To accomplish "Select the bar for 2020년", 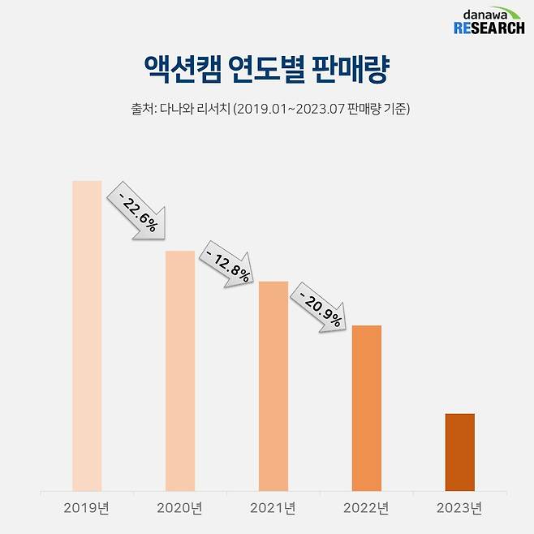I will pos(180,371).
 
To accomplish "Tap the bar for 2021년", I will pos(273,385).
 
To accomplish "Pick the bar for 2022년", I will pos(366,407).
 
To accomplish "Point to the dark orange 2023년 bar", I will pos(460,452).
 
